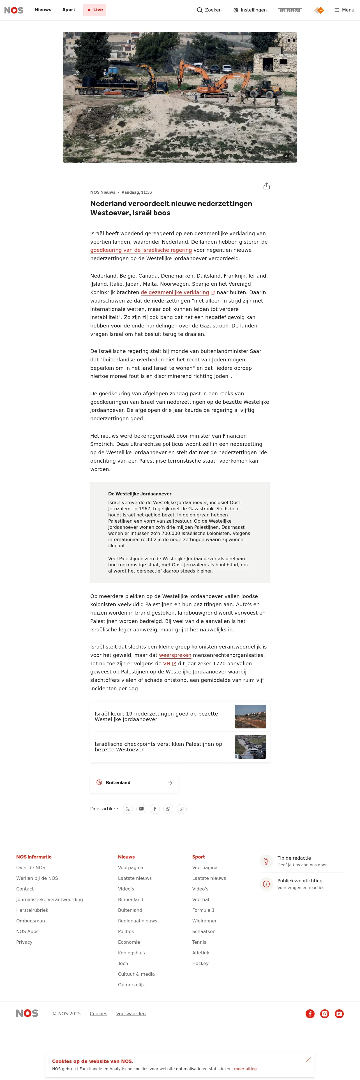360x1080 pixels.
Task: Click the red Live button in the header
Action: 95,10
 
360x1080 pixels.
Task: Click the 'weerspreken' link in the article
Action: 175,655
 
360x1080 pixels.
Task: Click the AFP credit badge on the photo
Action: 288,156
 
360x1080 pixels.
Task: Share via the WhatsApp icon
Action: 168,809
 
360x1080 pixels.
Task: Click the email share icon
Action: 141,809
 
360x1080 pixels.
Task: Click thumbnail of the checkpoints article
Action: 250,747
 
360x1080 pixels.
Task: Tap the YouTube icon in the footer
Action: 339,1014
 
